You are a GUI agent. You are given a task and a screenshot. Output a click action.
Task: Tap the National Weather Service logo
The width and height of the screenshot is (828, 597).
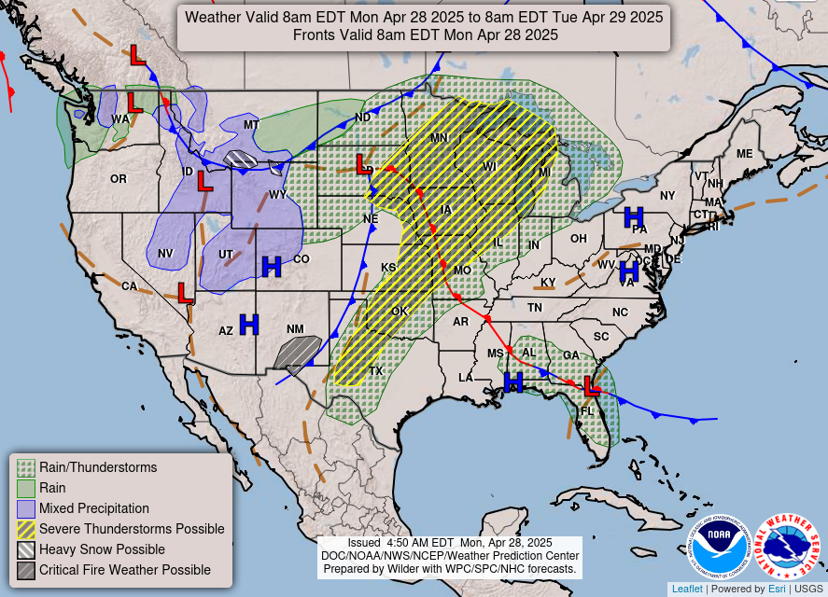click(787, 546)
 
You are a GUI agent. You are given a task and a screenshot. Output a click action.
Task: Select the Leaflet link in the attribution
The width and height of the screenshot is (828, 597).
click(687, 589)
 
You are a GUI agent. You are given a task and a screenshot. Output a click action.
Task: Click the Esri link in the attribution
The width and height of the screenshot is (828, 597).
click(777, 589)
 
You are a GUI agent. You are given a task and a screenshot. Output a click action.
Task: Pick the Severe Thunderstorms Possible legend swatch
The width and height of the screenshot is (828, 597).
click(27, 529)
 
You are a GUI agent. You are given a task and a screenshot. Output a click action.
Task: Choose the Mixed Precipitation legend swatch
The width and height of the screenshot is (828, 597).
click(27, 508)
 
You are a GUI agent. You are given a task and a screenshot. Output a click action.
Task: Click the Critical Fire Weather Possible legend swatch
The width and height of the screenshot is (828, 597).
click(27, 570)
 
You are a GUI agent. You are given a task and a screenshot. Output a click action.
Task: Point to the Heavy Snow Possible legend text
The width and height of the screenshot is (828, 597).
click(102, 549)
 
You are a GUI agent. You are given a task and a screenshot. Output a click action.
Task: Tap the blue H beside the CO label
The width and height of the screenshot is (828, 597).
click(272, 266)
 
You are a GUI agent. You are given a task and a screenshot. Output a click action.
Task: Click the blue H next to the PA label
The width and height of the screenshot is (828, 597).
click(634, 217)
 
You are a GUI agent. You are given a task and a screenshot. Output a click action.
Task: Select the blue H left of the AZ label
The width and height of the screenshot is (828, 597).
click(248, 324)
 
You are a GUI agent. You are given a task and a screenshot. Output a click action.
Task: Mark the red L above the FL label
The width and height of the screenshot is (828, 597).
click(590, 385)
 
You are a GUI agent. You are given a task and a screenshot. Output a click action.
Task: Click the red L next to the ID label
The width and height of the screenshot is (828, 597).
click(204, 181)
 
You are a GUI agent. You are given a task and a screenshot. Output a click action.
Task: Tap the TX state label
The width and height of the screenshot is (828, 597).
click(376, 370)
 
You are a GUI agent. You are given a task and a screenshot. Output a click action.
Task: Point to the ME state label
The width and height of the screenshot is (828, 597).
click(744, 154)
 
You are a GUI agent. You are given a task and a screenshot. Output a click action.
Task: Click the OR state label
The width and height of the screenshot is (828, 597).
click(119, 178)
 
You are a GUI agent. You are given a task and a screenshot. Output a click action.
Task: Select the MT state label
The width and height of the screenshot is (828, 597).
click(251, 125)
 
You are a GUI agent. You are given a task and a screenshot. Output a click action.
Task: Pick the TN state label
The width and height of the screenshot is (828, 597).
click(535, 307)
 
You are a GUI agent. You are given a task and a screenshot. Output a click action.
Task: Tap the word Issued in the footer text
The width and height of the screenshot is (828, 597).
click(364, 543)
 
